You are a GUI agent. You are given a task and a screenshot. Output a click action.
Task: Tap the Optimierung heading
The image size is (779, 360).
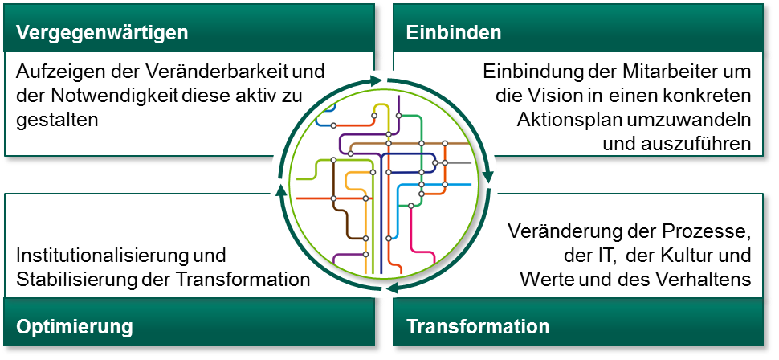(74, 327)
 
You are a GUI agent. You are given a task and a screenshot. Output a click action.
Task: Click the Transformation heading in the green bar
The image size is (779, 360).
(478, 327)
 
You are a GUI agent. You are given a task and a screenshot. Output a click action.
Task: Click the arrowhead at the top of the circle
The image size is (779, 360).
(373, 80)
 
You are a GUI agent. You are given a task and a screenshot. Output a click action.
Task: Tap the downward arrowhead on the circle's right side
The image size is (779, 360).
(487, 174)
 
